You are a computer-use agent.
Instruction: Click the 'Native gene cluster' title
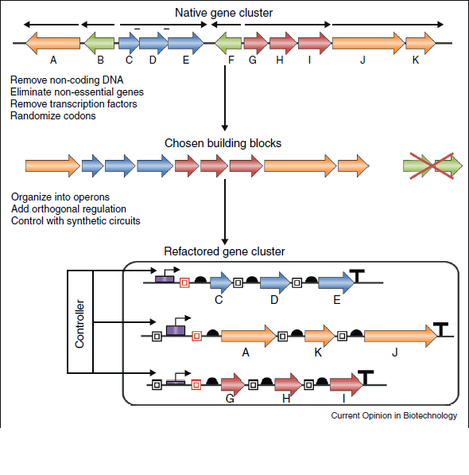click(x=223, y=13)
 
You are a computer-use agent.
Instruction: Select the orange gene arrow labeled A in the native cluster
click(x=53, y=43)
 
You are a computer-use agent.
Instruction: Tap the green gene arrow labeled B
click(x=99, y=43)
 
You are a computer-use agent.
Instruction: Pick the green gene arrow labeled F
click(x=228, y=43)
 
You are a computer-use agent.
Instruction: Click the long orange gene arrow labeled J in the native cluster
click(x=369, y=43)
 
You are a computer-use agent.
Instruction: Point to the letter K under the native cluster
click(x=416, y=60)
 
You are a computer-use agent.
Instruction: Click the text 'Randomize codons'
click(x=53, y=115)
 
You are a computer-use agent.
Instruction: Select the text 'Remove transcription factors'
click(x=73, y=104)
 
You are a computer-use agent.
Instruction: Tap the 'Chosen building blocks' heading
click(x=223, y=143)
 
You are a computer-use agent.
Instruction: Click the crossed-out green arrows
click(x=432, y=166)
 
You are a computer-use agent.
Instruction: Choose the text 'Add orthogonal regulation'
click(x=68, y=208)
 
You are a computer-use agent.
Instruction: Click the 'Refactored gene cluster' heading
click(x=224, y=251)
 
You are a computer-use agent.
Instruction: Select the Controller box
click(x=79, y=321)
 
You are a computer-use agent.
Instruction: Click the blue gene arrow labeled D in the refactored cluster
click(x=275, y=282)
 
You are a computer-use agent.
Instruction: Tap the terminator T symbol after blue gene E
click(x=357, y=275)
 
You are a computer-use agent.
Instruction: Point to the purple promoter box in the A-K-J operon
click(x=176, y=330)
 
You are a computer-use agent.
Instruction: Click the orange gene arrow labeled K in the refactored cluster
click(x=320, y=336)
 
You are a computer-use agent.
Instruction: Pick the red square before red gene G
click(x=196, y=385)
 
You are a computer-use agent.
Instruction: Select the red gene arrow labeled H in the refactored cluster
click(x=288, y=385)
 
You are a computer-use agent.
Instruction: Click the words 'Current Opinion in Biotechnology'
click(x=394, y=415)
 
